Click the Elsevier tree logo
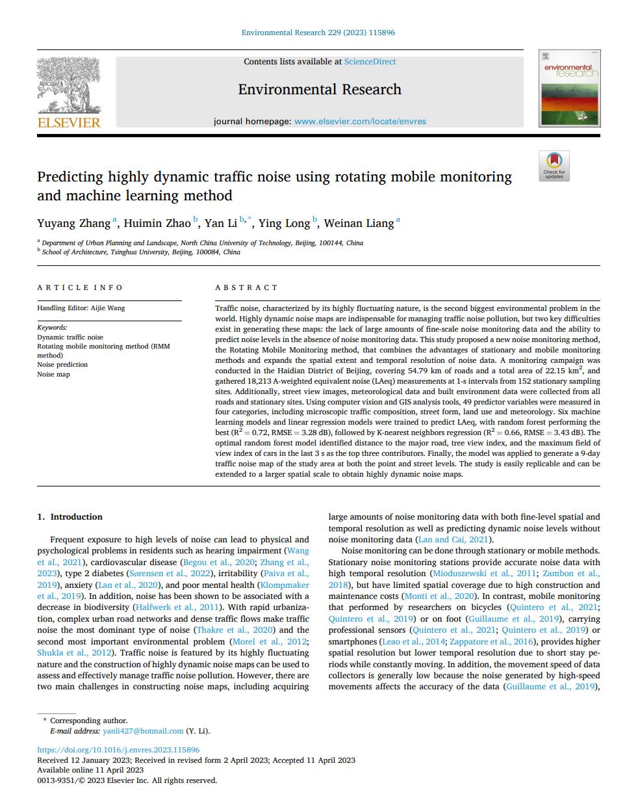pos(69,91)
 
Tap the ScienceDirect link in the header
pos(370,62)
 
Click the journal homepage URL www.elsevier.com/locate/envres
pos(360,121)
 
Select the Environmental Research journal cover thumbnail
pos(569,88)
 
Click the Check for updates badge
pos(554,165)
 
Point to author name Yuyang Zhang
pos(73,224)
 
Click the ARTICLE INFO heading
pos(80,287)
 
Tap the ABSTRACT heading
pos(246,287)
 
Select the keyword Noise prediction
pos(62,365)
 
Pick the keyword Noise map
pos(53,375)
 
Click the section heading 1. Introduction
pos(70,517)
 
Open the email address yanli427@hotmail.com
pos(143,731)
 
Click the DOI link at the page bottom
pos(118,750)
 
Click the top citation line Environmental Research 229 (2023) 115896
pos(318,32)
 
